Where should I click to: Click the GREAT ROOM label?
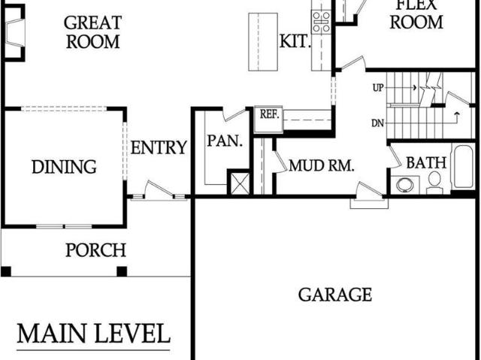(x=92, y=32)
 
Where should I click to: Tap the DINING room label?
(x=64, y=167)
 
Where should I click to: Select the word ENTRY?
(x=159, y=147)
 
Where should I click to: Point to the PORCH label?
(x=95, y=250)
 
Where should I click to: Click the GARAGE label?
(x=335, y=295)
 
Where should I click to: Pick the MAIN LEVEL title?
(x=93, y=334)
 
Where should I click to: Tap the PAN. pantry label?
(x=225, y=141)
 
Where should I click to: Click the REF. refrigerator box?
(x=268, y=119)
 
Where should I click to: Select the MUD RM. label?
(x=322, y=165)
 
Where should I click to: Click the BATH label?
(x=426, y=162)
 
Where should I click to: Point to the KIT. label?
(x=295, y=41)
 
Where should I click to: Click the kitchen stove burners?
(x=321, y=22)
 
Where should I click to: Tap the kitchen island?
(x=263, y=42)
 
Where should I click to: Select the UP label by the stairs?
(x=378, y=88)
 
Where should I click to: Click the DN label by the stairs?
(x=377, y=123)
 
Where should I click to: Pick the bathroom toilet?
(x=434, y=183)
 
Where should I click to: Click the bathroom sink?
(x=405, y=185)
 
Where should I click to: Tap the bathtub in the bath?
(x=463, y=167)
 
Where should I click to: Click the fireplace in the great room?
(x=14, y=32)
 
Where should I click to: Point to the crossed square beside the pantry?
(x=240, y=183)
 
